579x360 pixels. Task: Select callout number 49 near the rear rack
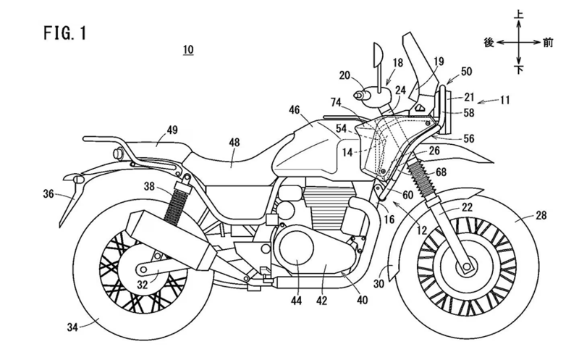[x=172, y=130]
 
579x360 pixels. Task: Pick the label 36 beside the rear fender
[x=48, y=193]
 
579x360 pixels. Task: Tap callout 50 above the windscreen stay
[x=465, y=70]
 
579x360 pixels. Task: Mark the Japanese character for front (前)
[x=550, y=43]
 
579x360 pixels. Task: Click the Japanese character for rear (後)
[x=488, y=43]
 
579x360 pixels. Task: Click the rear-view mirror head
[x=376, y=55]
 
